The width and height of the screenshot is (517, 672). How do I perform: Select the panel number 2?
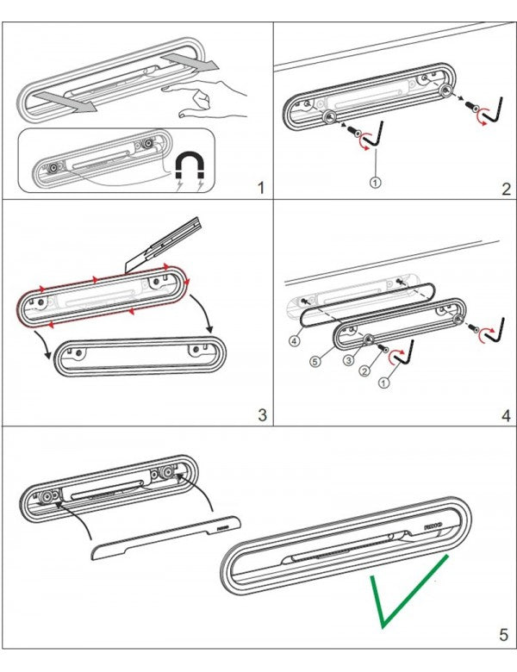(x=506, y=186)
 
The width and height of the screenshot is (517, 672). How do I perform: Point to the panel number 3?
(x=262, y=415)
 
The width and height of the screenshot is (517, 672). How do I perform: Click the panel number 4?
(x=506, y=415)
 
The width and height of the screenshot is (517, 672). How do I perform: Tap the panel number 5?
(x=503, y=637)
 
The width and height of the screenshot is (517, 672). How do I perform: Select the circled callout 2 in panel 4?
(x=365, y=373)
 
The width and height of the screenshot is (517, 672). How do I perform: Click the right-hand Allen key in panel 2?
(x=490, y=109)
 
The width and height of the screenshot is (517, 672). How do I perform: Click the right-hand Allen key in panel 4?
(x=492, y=332)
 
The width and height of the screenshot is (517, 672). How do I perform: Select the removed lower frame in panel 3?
(x=138, y=354)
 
